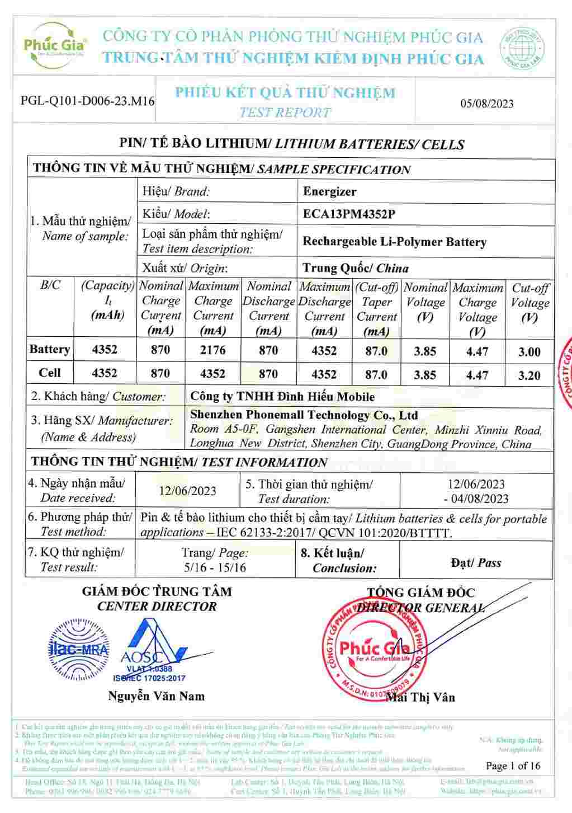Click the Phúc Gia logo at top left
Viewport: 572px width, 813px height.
click(54, 45)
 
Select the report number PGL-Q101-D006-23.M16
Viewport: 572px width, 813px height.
click(87, 101)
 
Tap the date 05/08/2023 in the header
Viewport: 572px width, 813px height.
click(486, 104)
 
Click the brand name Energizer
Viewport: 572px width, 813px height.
click(329, 192)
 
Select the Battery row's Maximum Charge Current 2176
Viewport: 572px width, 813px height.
click(212, 350)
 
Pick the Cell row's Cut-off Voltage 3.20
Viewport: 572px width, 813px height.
click(529, 375)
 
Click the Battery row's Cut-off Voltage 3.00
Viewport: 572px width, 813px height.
click(529, 352)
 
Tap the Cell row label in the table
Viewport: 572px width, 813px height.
click(49, 373)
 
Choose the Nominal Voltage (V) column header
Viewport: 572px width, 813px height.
click(425, 303)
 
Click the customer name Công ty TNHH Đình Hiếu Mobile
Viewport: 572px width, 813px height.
click(282, 397)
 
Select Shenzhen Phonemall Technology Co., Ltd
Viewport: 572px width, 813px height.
click(304, 415)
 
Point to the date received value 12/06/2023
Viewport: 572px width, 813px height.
click(187, 491)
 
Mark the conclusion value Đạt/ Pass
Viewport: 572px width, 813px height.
click(476, 563)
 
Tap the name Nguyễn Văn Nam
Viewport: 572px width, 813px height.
click(156, 697)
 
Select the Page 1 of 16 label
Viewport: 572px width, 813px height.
click(513, 766)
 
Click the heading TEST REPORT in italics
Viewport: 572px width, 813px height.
click(285, 112)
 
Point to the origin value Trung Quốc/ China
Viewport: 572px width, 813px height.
click(356, 268)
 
